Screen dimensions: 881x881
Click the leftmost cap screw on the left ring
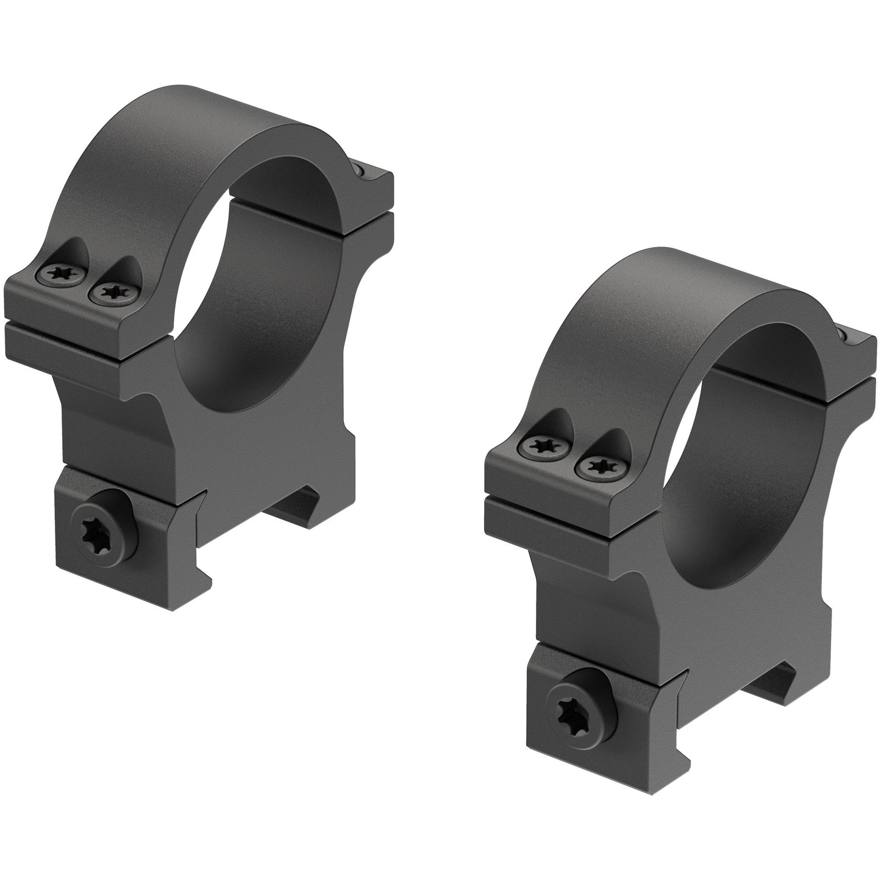60,274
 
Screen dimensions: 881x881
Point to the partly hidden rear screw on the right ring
844,335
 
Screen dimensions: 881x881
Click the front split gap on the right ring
558,498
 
